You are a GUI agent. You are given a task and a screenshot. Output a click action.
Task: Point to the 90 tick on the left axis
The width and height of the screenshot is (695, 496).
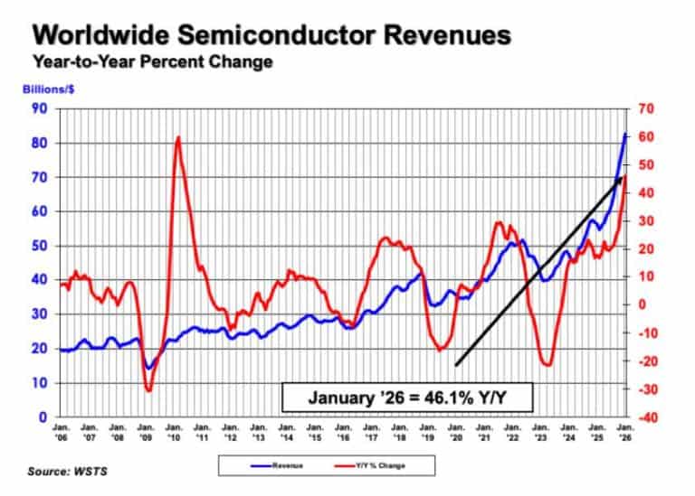click(x=39, y=109)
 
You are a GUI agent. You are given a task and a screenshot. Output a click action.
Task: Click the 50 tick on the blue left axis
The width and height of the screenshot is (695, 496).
click(x=39, y=246)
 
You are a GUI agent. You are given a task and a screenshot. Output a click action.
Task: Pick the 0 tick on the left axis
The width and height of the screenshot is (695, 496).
click(x=43, y=417)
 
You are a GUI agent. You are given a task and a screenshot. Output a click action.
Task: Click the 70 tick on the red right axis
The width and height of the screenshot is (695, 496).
click(x=644, y=109)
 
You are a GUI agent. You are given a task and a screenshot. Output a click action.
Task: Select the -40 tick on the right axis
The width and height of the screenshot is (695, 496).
click(x=646, y=417)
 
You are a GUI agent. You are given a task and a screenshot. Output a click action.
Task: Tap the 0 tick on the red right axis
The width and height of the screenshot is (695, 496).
click(x=642, y=305)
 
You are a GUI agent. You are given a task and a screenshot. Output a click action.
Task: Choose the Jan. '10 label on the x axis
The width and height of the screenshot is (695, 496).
click(x=173, y=430)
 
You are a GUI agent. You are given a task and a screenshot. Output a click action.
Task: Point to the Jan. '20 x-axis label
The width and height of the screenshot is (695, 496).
click(x=455, y=430)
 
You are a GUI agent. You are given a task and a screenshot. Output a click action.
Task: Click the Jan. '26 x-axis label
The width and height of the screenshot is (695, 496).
click(x=624, y=430)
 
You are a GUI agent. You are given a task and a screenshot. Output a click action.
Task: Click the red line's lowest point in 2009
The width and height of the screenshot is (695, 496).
click(x=148, y=390)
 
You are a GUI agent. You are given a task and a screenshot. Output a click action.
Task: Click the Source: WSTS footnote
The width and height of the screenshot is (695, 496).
click(x=65, y=472)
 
